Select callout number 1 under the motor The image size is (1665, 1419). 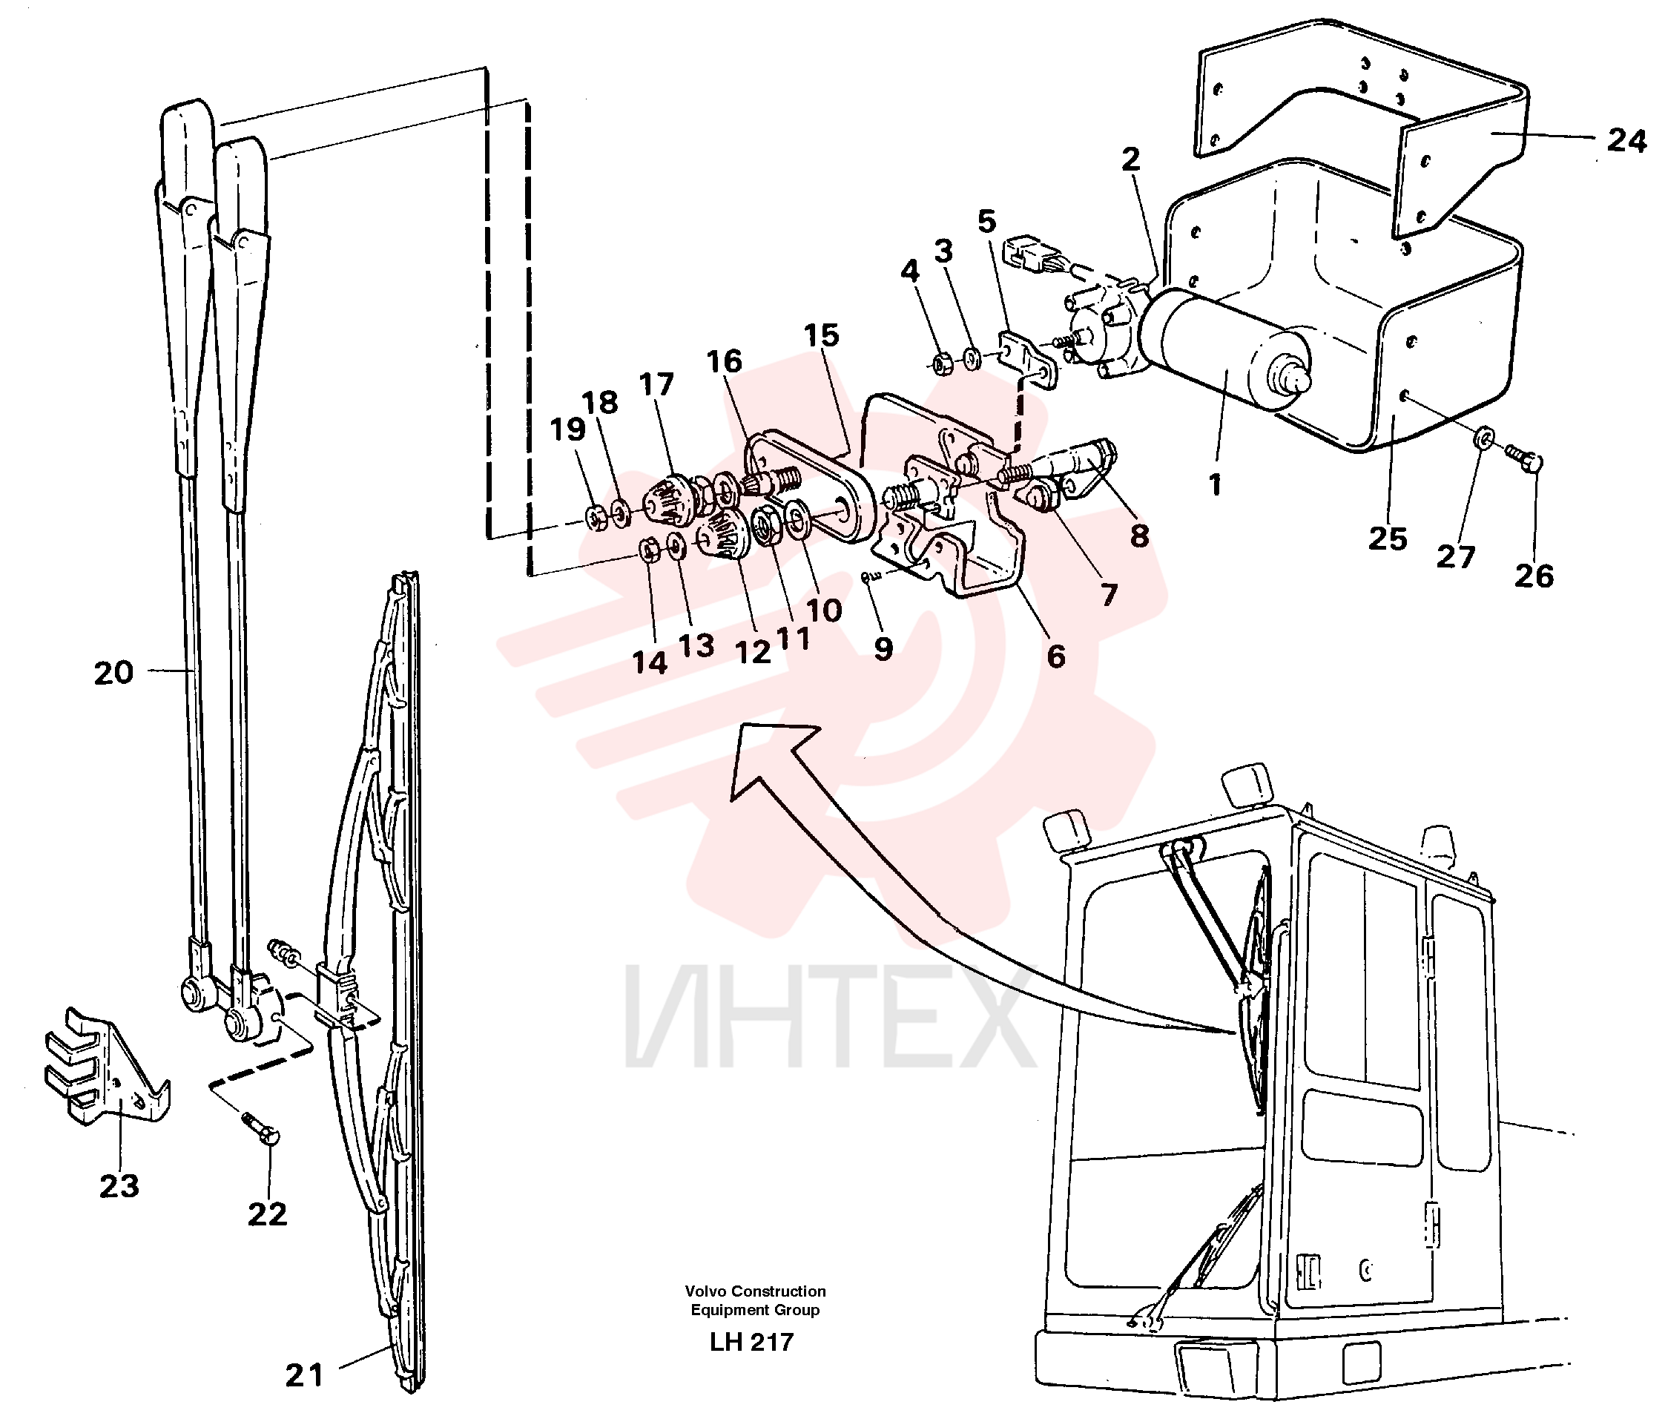tap(1215, 484)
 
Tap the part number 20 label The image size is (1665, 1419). tap(113, 673)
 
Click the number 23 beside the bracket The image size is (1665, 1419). tap(119, 1185)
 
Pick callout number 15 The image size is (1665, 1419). tap(820, 335)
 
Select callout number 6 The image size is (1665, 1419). tap(1056, 656)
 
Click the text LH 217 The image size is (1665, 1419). tap(751, 1342)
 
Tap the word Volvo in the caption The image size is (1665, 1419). tap(705, 1291)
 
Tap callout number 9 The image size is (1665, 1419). tap(883, 648)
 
